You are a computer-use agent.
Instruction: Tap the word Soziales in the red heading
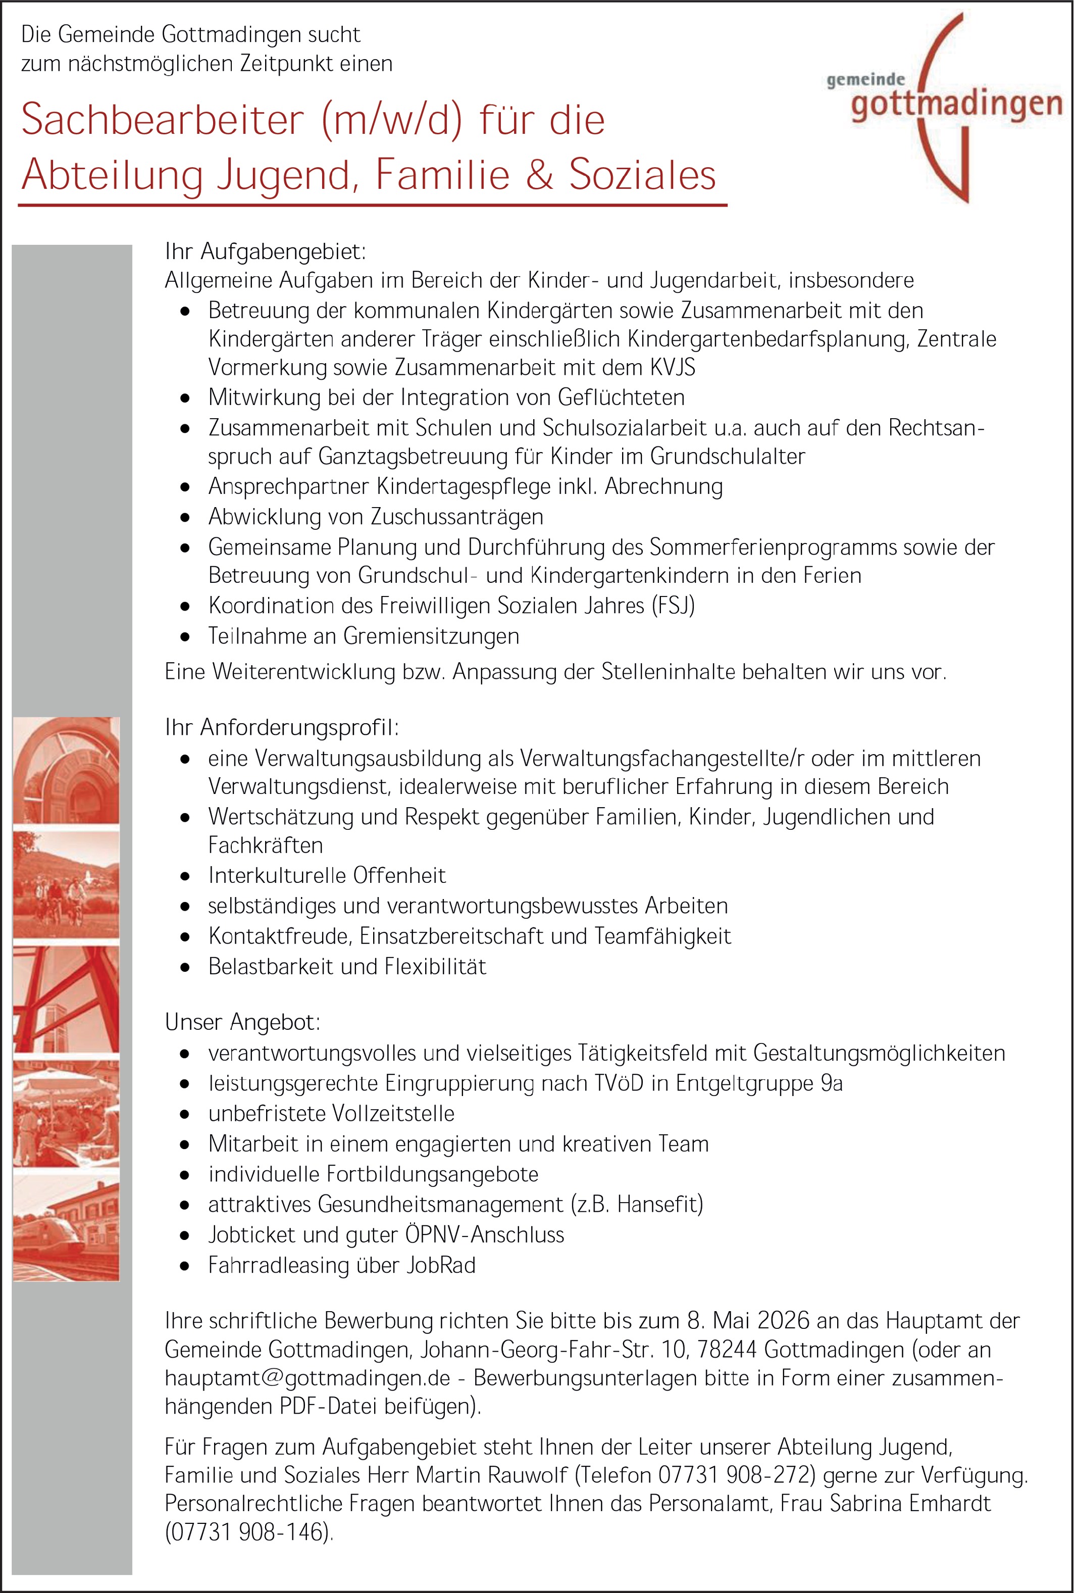pyautogui.click(x=642, y=175)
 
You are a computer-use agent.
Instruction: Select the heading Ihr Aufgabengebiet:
pyautogui.click(x=265, y=252)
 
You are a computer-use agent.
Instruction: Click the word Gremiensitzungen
pyautogui.click(x=431, y=636)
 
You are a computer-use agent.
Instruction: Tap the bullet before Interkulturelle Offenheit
pyautogui.click(x=184, y=876)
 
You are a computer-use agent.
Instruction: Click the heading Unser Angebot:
pyautogui.click(x=242, y=1022)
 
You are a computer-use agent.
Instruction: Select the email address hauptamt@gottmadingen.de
pyautogui.click(x=307, y=1378)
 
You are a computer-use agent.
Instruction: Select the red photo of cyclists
pyautogui.click(x=66, y=884)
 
